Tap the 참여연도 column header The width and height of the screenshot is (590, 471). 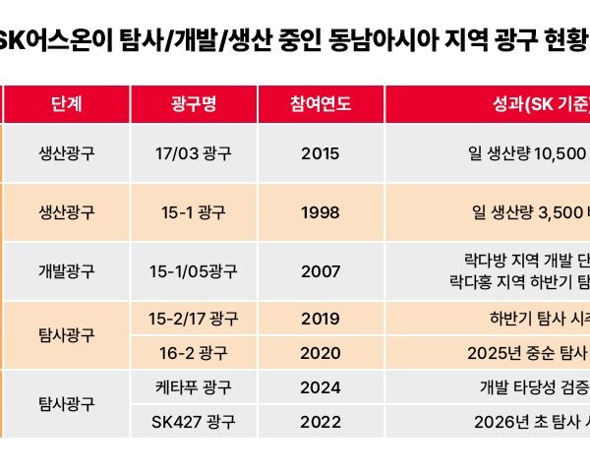(322, 104)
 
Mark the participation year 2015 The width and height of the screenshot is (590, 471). (322, 153)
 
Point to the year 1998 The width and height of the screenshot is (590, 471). (322, 211)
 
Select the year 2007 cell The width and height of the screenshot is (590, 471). (322, 270)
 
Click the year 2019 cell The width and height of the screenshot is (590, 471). (322, 319)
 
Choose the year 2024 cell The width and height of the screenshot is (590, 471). (322, 386)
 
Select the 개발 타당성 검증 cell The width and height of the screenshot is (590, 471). (531, 386)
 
